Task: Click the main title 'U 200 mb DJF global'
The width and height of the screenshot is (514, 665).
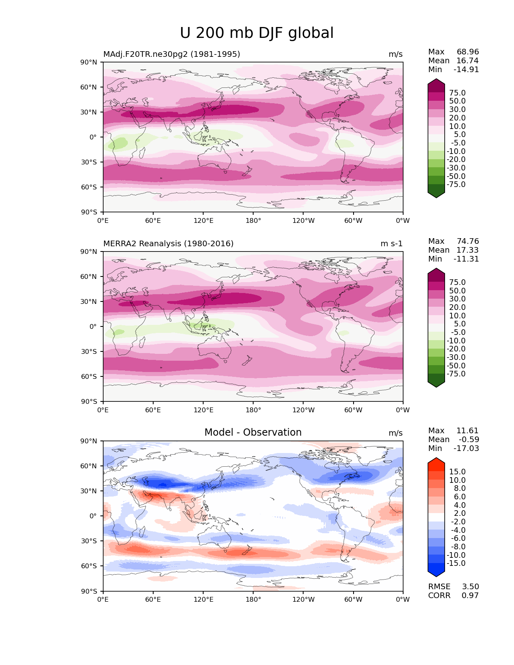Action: point(256,33)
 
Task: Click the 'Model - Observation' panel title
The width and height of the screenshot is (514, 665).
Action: point(253,432)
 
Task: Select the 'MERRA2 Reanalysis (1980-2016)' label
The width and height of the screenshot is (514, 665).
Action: point(168,244)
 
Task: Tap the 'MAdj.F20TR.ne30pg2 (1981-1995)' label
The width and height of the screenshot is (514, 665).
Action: point(171,54)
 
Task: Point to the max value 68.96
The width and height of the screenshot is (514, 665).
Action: point(468,52)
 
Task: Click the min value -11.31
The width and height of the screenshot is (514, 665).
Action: point(466,259)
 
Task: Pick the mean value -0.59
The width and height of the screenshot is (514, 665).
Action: point(469,440)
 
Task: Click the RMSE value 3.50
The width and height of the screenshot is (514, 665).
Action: point(470,587)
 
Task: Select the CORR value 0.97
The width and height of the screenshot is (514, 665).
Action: point(470,596)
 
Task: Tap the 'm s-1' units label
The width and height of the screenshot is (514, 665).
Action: point(391,244)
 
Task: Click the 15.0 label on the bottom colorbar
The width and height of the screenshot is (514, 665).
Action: point(457,472)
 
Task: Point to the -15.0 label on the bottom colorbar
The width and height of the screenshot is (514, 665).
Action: point(456,563)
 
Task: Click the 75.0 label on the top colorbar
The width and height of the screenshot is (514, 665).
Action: point(457,93)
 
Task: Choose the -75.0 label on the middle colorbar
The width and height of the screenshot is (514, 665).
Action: point(456,374)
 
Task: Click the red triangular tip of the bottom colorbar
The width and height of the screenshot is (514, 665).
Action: point(436,462)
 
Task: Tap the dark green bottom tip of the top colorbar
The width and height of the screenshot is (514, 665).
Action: point(436,194)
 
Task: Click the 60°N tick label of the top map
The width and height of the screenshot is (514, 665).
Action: point(89,87)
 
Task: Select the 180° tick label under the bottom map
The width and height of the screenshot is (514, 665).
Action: point(253,600)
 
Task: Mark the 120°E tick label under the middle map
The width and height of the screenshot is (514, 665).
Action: point(203,410)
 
